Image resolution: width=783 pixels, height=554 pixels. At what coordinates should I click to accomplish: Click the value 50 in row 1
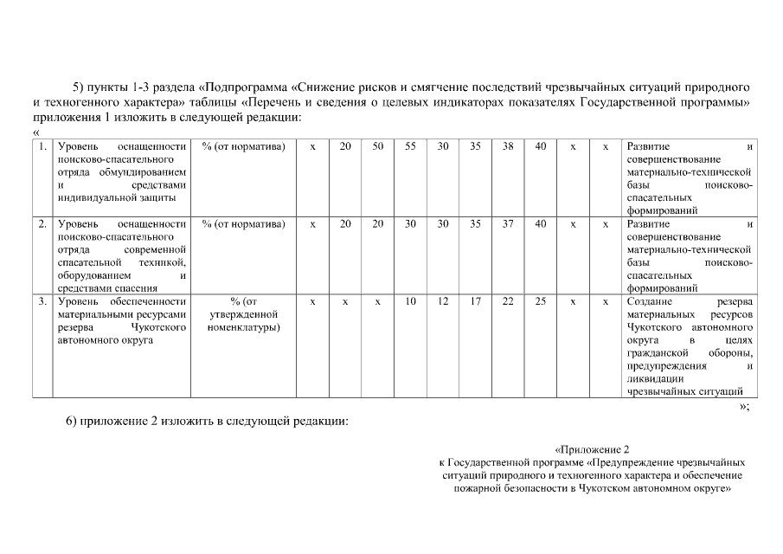378,146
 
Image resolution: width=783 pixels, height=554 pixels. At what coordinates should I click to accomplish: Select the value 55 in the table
410,146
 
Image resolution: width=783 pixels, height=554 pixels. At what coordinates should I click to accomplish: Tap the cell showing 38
508,146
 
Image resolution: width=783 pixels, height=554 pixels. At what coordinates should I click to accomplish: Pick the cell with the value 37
508,224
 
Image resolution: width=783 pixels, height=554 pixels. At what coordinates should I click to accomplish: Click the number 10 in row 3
410,301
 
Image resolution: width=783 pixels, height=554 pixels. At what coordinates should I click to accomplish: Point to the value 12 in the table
443,301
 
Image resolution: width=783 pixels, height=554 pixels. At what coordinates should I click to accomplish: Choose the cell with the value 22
508,301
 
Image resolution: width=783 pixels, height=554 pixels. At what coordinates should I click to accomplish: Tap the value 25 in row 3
541,301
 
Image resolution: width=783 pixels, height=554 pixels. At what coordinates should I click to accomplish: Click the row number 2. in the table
42,224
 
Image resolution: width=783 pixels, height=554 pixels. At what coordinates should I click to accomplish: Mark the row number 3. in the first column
42,301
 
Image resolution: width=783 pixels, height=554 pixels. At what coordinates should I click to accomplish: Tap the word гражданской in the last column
657,353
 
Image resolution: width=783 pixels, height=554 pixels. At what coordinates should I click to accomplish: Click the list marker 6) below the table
73,422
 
